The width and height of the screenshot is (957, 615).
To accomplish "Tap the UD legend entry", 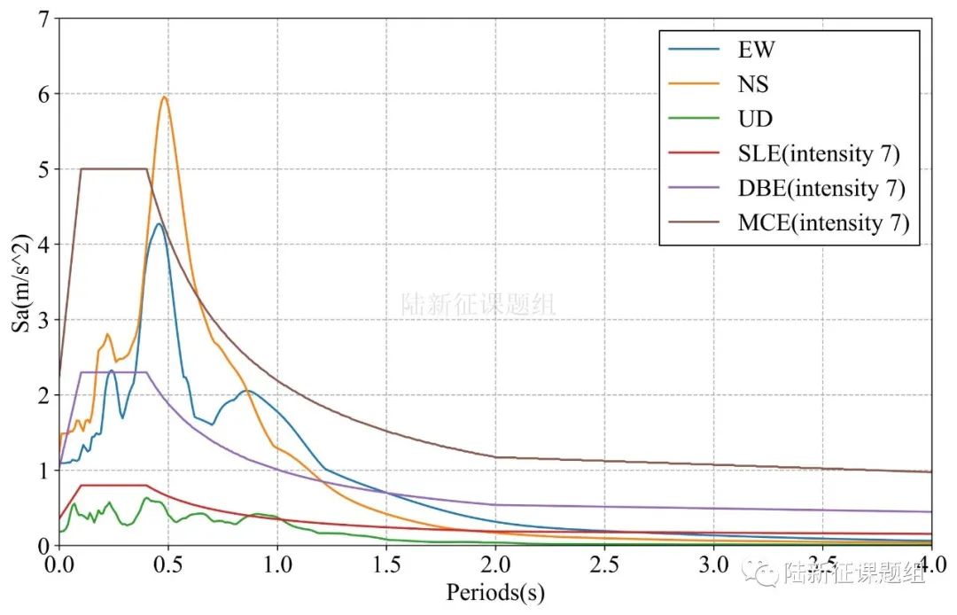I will (753, 119).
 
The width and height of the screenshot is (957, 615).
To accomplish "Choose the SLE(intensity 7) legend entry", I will (818, 153).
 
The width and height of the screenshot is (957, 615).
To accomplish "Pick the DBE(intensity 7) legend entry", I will (821, 188).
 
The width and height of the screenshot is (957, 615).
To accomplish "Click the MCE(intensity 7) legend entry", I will (823, 222).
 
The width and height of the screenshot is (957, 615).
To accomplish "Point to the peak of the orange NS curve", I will (164, 97).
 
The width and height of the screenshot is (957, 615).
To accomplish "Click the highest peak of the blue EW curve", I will (159, 223).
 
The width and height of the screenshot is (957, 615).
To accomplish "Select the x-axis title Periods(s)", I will (495, 592).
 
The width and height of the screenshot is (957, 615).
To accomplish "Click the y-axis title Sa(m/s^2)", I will (19, 282).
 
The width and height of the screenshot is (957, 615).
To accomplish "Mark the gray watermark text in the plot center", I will (478, 305).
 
